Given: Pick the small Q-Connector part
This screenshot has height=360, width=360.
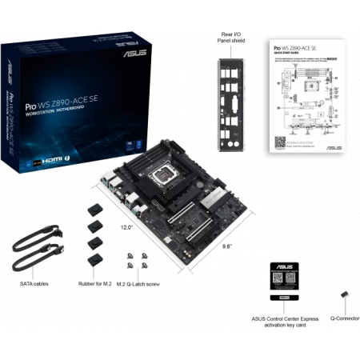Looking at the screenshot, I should click(345, 298).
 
